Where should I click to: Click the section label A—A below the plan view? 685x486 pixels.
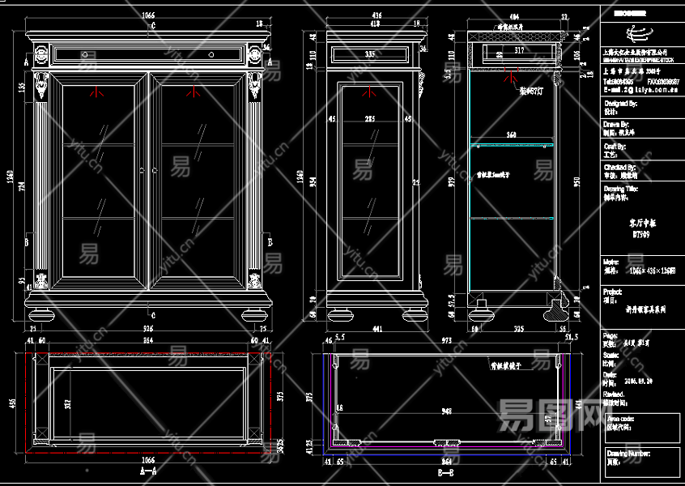click(x=148, y=470)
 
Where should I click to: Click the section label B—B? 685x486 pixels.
click(x=445, y=471)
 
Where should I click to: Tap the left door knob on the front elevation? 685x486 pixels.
click(x=142, y=170)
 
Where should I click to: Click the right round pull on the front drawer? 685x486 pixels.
click(x=210, y=55)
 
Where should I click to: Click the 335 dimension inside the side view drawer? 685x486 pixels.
click(x=370, y=54)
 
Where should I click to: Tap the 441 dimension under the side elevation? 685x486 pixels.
click(x=376, y=329)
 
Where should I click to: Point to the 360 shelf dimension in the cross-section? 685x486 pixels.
click(x=511, y=134)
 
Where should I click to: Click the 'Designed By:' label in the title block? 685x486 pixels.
click(x=621, y=104)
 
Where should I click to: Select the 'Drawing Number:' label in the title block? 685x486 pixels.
click(x=628, y=454)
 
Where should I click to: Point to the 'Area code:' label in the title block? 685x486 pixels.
click(x=623, y=419)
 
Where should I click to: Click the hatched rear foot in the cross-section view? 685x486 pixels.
click(x=556, y=309)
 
